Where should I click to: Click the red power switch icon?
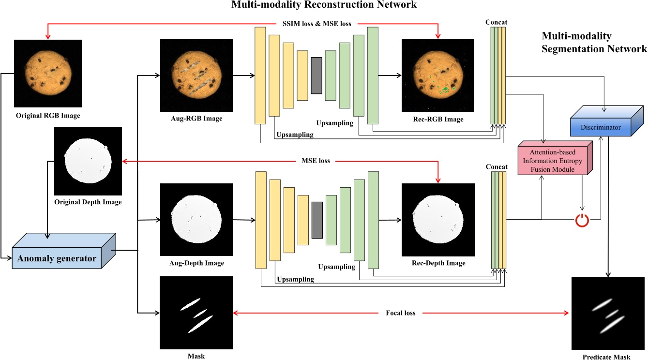pyautogui.click(x=582, y=220)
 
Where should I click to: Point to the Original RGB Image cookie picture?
pyautogui.click(x=48, y=73)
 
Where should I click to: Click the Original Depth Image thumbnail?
pyautogui.click(x=88, y=161)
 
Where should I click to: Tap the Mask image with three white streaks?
pyautogui.click(x=196, y=313)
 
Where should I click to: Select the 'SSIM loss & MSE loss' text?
pyautogui.click(x=316, y=23)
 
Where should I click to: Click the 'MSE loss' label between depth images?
pyautogui.click(x=315, y=161)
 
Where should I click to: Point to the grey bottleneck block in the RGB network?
pyautogui.click(x=316, y=75)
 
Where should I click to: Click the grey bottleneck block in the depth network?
pyautogui.click(x=317, y=220)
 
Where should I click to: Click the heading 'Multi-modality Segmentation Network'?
pyautogui.click(x=594, y=43)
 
